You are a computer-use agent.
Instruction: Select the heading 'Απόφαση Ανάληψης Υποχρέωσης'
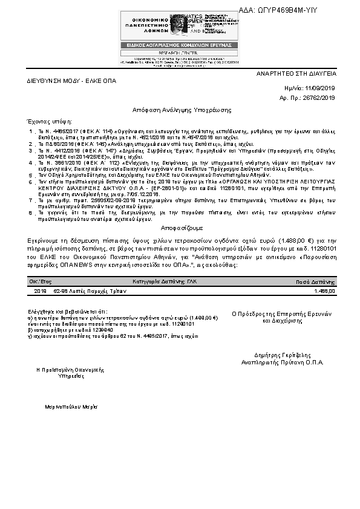tap(180, 110)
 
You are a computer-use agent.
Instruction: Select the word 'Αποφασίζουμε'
tap(180, 228)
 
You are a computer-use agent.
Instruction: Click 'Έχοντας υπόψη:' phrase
tap(46, 121)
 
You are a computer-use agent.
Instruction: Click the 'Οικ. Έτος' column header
tap(40, 282)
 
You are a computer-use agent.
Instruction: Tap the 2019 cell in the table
tap(41, 291)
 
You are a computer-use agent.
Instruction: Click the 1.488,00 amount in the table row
tap(325, 291)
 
